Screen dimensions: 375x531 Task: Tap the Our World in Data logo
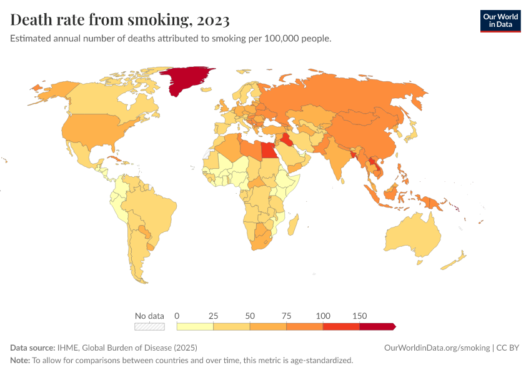click(500, 21)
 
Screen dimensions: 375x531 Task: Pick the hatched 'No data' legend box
click(150, 326)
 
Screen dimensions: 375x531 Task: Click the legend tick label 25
click(213, 316)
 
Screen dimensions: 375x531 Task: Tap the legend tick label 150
click(360, 316)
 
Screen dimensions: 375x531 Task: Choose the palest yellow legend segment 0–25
click(195, 326)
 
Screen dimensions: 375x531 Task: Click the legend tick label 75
click(286, 316)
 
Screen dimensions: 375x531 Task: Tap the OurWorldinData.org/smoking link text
click(437, 347)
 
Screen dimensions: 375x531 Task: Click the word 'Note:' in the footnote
click(20, 361)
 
